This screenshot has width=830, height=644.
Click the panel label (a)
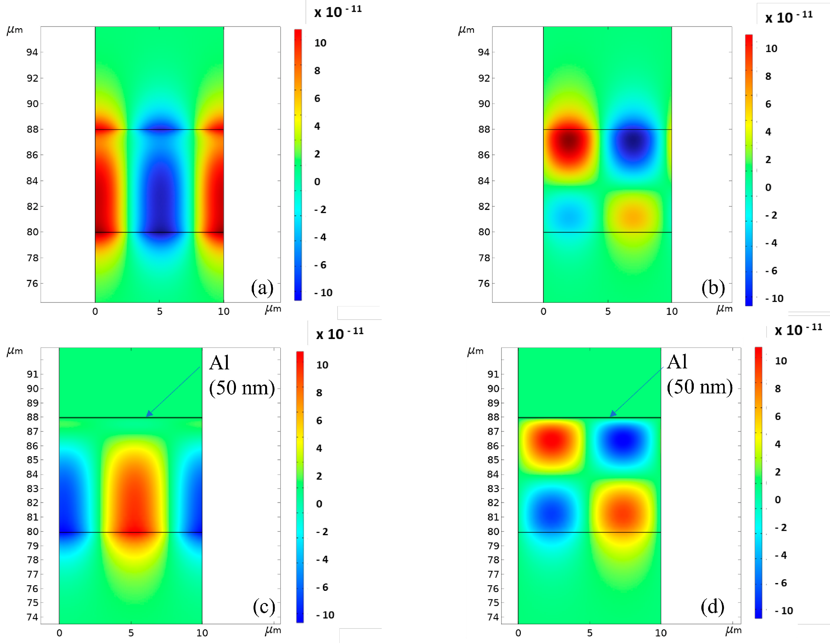point(262,288)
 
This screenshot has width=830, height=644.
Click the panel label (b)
point(713,288)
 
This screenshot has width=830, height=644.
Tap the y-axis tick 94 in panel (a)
point(32,52)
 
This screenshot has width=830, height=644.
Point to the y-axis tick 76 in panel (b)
point(483,283)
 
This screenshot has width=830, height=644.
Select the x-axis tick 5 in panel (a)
point(160,312)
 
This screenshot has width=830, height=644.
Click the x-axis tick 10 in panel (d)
point(661,633)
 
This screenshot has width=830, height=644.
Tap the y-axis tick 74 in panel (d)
point(493,617)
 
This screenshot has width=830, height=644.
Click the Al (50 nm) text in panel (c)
point(242,375)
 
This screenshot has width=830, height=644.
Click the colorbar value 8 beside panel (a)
point(317,71)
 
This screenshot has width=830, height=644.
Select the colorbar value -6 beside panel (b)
point(771,271)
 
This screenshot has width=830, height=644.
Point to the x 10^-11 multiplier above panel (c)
point(339,334)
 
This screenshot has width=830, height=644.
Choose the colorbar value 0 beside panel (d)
point(777,500)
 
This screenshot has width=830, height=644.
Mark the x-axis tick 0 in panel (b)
point(543,312)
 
